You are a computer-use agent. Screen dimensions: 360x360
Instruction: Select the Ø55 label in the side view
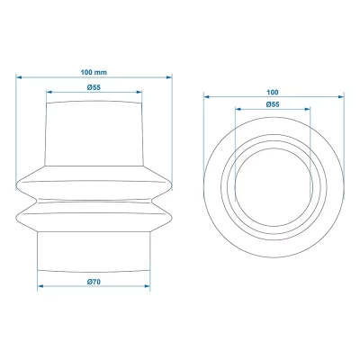[x=94, y=86]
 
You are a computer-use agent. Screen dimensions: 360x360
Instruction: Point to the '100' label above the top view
[x=273, y=92]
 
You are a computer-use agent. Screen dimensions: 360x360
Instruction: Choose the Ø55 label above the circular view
[x=273, y=106]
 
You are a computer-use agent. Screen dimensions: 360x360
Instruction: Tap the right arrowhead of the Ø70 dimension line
[x=148, y=289]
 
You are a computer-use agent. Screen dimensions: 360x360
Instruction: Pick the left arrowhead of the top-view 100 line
[x=206, y=98]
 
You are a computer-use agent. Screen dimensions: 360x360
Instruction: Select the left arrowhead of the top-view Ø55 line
[x=237, y=112]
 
